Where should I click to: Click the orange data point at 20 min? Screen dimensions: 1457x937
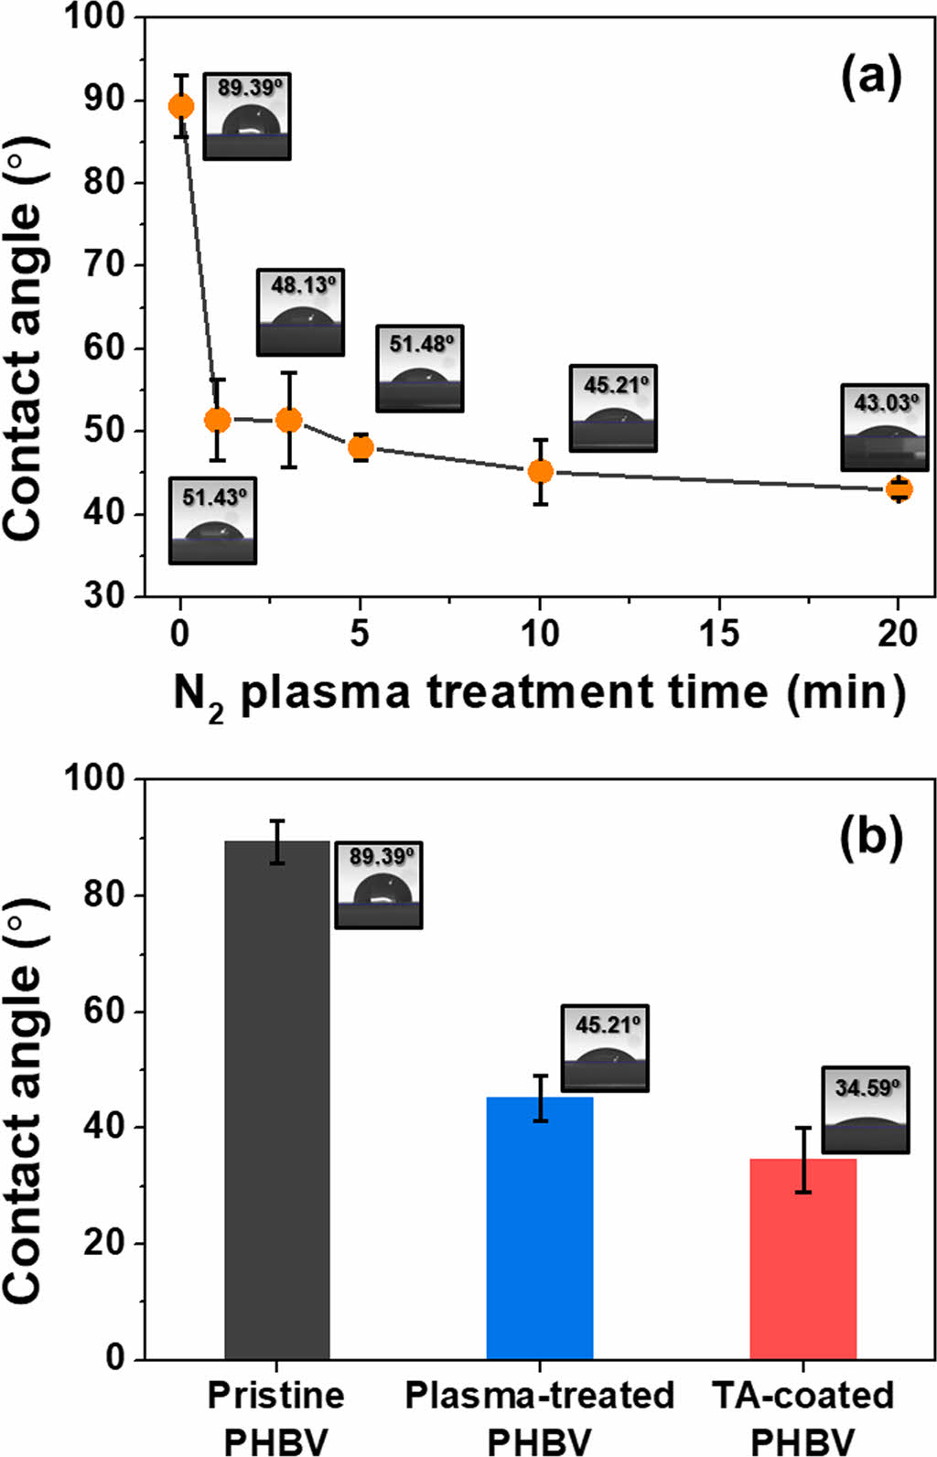click(x=899, y=489)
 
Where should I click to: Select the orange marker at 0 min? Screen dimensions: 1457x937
click(x=181, y=107)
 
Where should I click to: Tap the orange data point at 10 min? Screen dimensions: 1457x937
click(x=541, y=471)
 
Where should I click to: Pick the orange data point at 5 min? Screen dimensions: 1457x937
click(x=361, y=447)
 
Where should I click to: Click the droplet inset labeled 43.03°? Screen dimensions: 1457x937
click(x=885, y=427)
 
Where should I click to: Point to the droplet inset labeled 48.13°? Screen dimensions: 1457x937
click(x=301, y=312)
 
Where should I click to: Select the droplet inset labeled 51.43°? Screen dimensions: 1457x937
click(x=213, y=520)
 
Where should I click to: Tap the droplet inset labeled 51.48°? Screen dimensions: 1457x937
click(x=420, y=368)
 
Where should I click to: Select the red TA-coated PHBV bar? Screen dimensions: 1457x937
click(x=802, y=1259)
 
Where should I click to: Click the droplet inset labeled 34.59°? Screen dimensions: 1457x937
click(x=866, y=1109)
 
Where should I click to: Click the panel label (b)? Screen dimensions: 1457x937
click(x=870, y=838)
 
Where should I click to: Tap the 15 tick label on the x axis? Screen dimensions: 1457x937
click(x=719, y=632)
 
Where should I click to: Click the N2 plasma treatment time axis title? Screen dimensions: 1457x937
click(x=540, y=692)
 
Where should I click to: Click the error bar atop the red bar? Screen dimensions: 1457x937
click(x=802, y=1160)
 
